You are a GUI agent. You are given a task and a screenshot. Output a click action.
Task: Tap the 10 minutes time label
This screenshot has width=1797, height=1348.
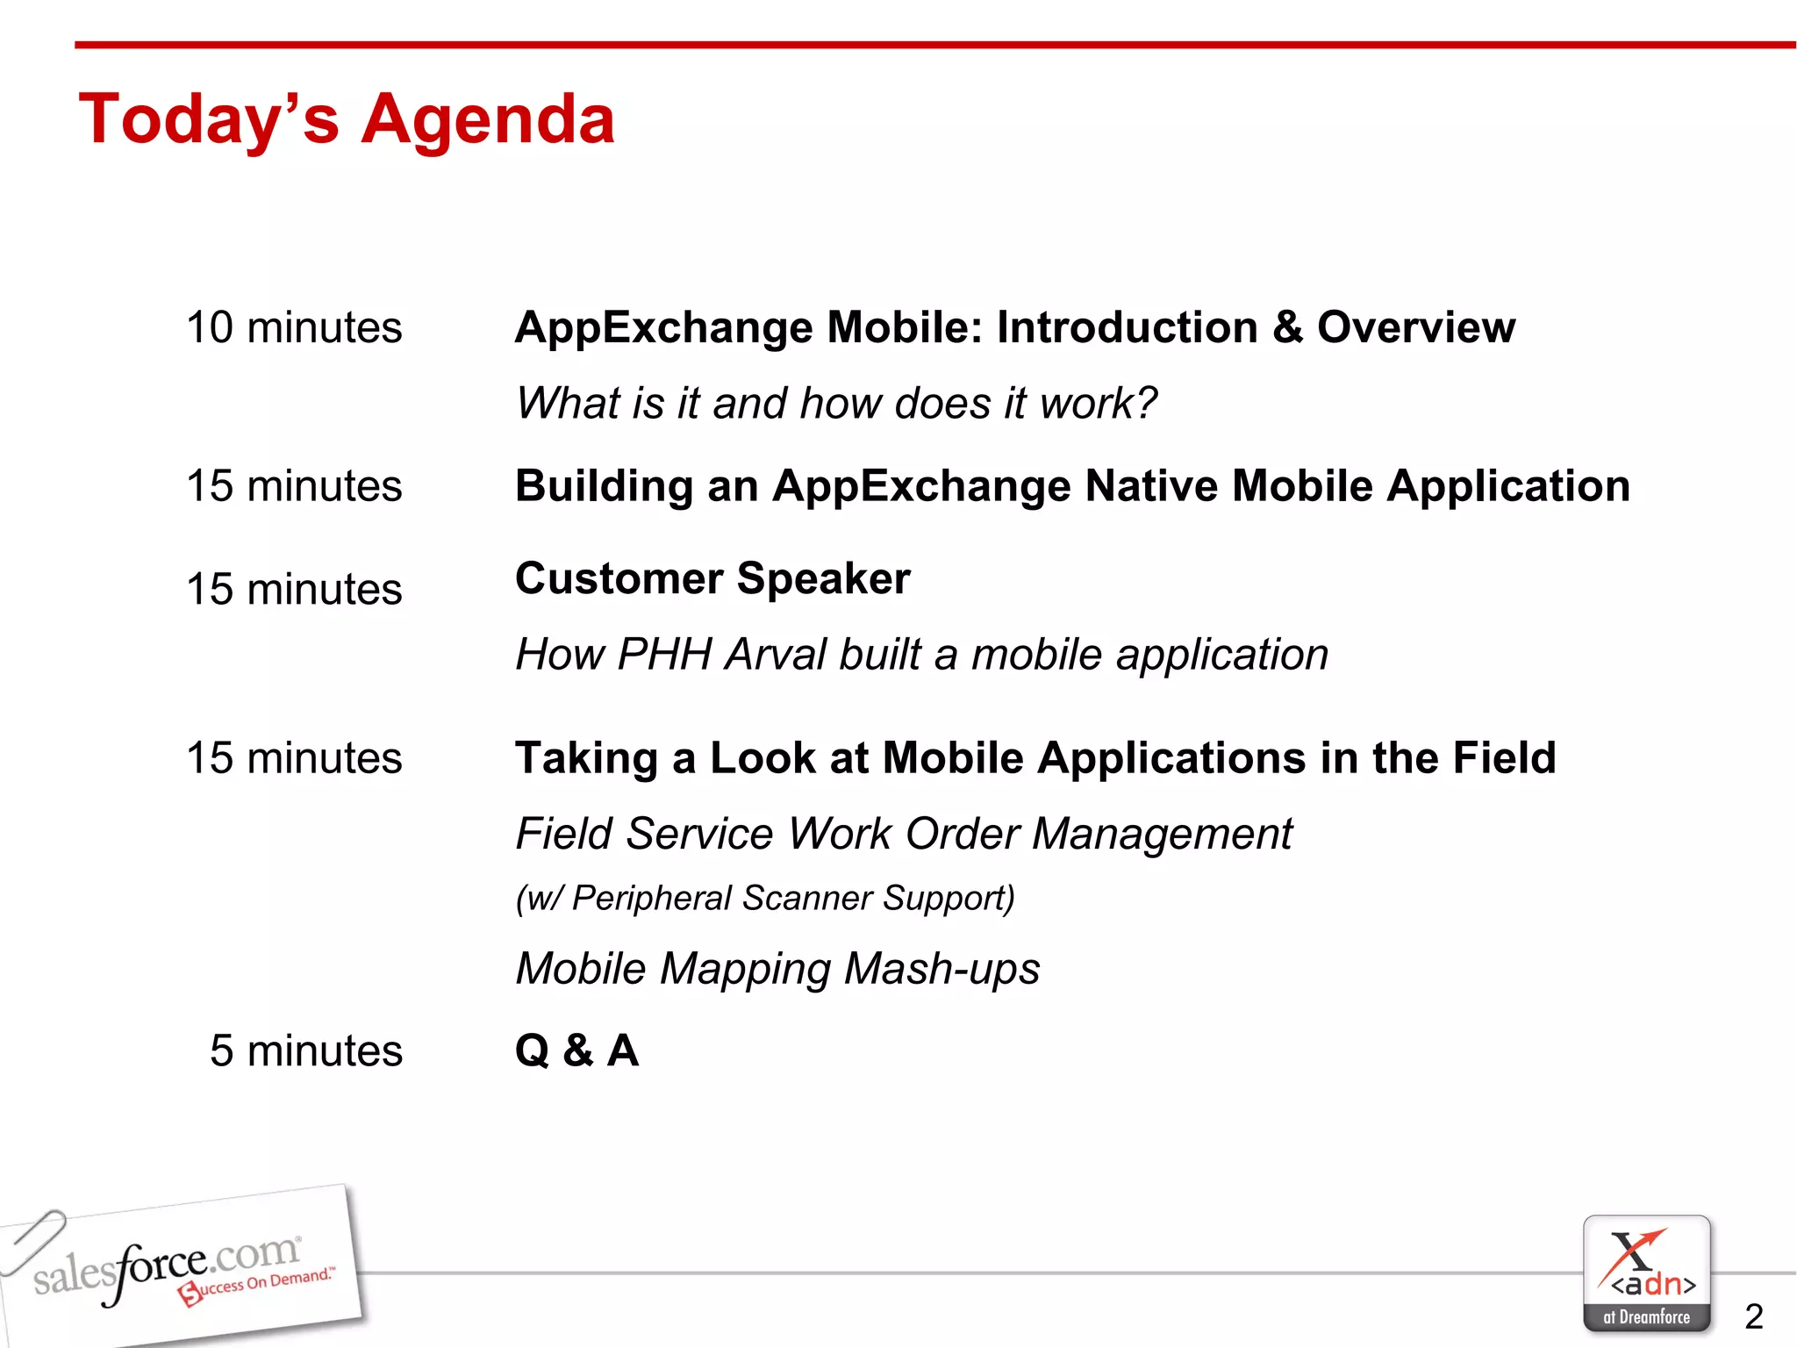coord(294,328)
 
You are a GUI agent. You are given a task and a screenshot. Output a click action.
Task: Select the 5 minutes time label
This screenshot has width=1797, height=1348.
coord(305,1050)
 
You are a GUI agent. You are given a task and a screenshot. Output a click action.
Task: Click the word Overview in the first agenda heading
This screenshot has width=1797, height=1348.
coord(1415,328)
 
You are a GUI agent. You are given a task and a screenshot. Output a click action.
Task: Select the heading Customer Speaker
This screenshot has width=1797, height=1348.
coord(712,579)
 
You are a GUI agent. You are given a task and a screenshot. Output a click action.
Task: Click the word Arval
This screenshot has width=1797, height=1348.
coord(776,655)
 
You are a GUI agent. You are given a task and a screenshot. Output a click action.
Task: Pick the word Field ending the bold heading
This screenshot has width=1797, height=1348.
coord(1504,758)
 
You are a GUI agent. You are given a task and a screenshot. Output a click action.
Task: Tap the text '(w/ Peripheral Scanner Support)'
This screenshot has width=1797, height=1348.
coord(764,899)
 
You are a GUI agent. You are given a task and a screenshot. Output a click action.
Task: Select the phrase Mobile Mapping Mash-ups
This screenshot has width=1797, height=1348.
coord(777,970)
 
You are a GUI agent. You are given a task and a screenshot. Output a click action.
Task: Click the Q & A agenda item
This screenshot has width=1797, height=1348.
coord(576,1050)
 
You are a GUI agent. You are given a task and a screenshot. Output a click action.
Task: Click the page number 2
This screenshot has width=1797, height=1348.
coord(1753,1316)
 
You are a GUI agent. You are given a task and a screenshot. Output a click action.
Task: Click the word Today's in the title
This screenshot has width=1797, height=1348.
coord(208,121)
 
